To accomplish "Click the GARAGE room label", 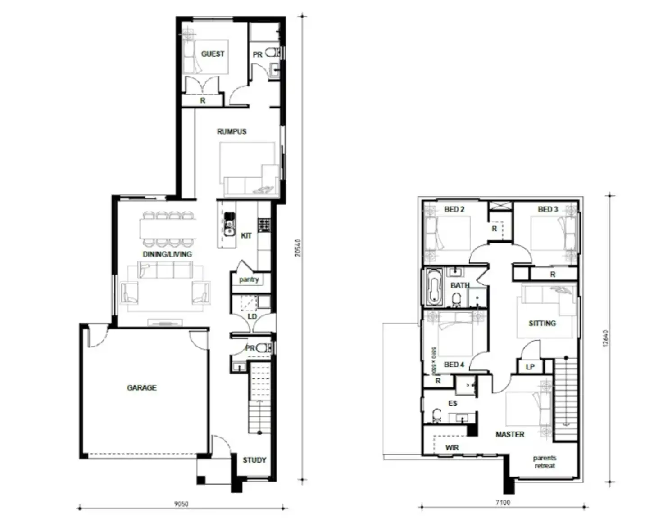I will (141, 387).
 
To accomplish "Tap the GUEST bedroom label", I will (213, 54).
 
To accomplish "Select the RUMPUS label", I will (232, 131).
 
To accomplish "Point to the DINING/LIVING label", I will (167, 254).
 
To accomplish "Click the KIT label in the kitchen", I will (246, 235).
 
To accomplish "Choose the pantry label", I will (249, 279).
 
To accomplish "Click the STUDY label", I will (254, 460).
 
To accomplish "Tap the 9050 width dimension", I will (181, 504).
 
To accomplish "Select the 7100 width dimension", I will (503, 502).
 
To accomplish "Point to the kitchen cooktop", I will (264, 224).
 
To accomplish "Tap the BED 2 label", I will (454, 209).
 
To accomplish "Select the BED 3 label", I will (548, 209).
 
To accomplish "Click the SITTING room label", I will (542, 323).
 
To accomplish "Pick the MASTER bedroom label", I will (510, 434).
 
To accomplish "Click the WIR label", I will (452, 447).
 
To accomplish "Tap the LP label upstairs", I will (530, 367).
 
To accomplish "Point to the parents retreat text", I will (545, 462).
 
